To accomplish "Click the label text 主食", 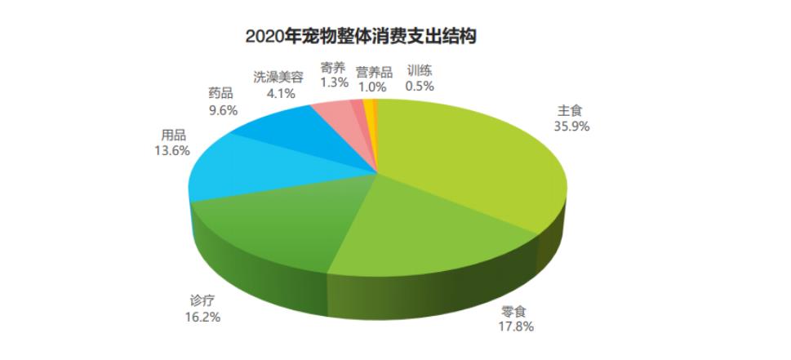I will (x=570, y=110).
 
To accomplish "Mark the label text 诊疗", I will (x=202, y=300).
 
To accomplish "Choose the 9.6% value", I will (x=220, y=109).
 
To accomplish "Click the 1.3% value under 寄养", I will (x=334, y=82).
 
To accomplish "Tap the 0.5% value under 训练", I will (x=420, y=86).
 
